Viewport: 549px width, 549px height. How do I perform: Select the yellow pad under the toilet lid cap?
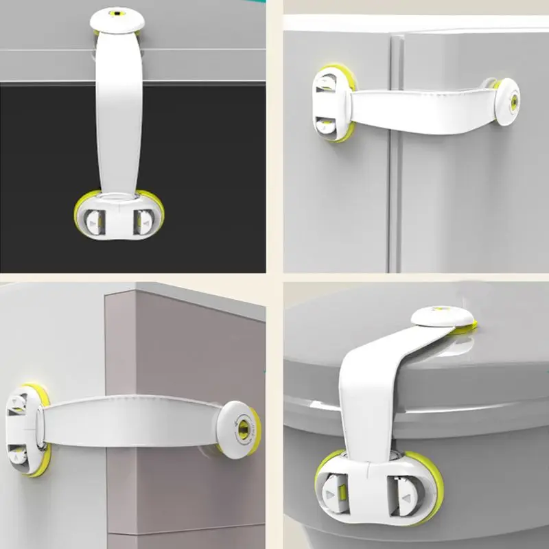(x=466, y=329)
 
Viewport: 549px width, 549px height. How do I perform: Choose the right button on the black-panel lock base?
(x=144, y=221)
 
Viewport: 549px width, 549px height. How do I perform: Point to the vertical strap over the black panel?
(x=118, y=110)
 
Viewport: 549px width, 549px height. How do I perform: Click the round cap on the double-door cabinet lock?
(x=507, y=102)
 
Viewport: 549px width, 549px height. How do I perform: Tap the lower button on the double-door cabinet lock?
(x=325, y=124)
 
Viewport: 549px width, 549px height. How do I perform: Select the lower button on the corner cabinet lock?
(x=19, y=454)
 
